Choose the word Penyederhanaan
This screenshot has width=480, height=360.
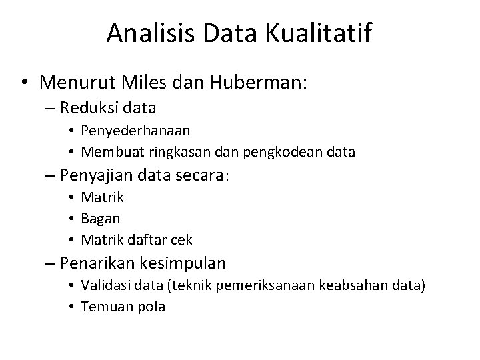coord(126,131)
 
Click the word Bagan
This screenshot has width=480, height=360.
coord(101,218)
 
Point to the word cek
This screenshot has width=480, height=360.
coord(182,239)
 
